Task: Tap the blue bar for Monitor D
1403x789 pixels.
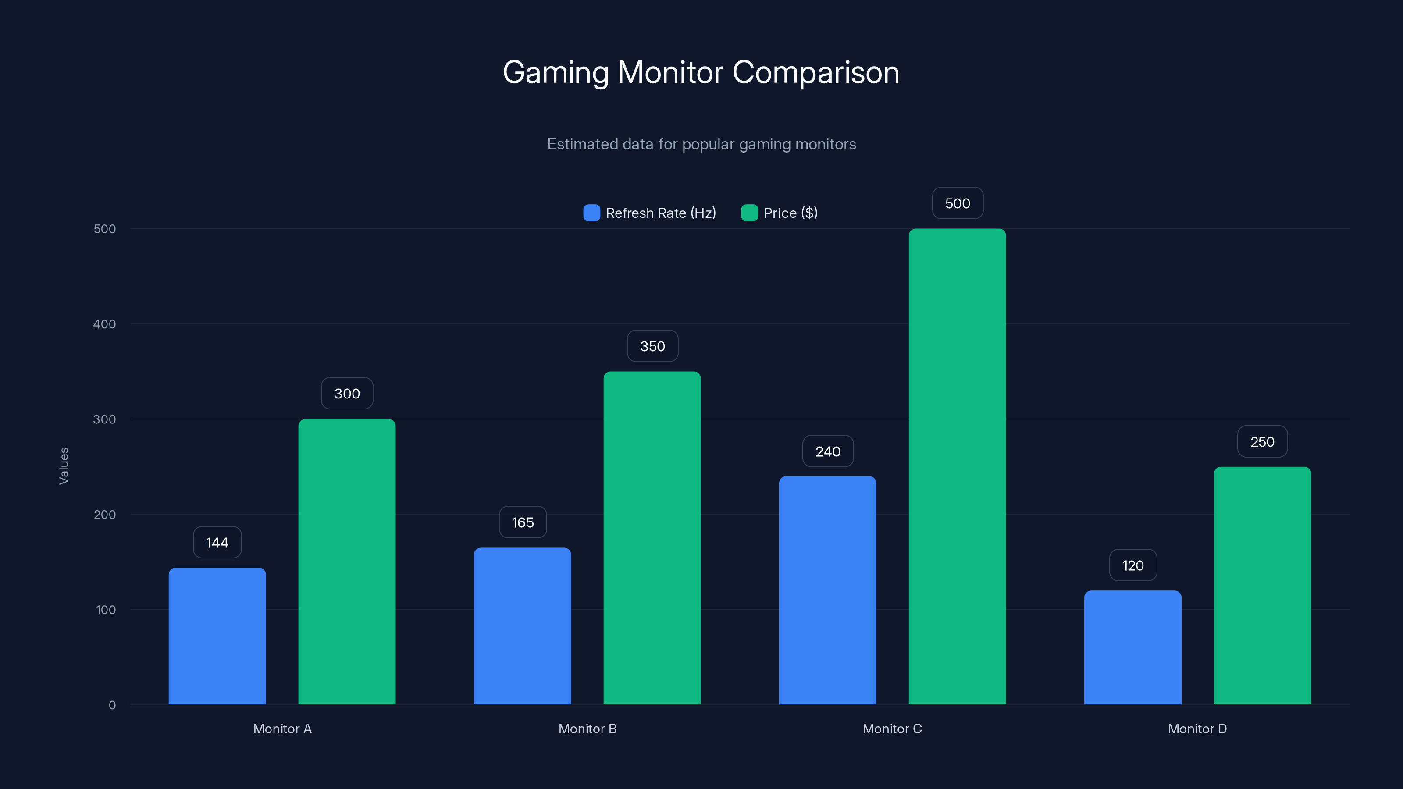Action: pos(1132,647)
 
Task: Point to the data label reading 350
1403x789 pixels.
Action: pos(652,346)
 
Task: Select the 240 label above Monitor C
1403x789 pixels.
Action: pos(827,451)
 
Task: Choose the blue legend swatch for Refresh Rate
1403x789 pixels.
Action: pos(591,213)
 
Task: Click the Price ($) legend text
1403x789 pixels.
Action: pos(790,213)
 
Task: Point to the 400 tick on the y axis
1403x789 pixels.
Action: pos(105,324)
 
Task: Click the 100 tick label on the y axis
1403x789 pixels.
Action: pos(106,610)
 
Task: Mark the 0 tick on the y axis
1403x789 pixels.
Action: pos(112,705)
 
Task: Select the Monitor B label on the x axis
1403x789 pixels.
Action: pos(587,729)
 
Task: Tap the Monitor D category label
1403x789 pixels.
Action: pos(1196,729)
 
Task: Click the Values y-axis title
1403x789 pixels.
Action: pos(64,466)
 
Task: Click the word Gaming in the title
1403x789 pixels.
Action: pos(555,72)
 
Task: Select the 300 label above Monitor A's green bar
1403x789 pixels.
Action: pos(347,394)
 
